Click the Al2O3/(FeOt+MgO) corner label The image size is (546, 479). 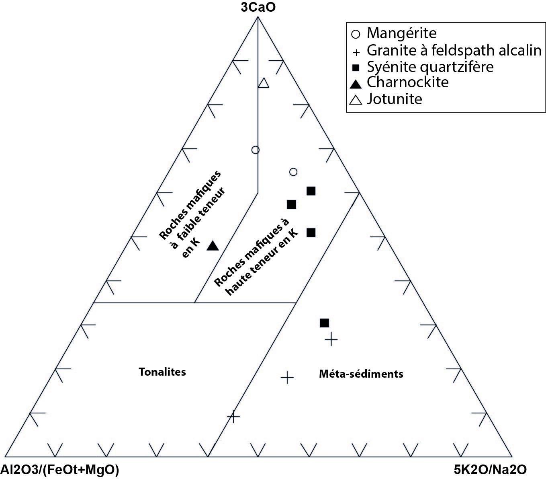point(59,469)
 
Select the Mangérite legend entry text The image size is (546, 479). point(401,33)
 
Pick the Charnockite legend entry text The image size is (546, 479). point(407,82)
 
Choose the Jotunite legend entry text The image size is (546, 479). point(394,99)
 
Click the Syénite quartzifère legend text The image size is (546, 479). point(430,66)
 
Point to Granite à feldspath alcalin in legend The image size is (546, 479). point(454,50)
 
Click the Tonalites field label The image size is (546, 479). point(162,372)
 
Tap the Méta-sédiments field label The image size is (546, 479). point(361,374)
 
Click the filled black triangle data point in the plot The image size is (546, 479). point(213,246)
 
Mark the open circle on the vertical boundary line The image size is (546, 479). point(255,150)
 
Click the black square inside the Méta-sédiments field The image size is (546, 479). point(324,323)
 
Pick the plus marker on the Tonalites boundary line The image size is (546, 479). point(233,416)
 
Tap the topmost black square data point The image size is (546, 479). point(311,191)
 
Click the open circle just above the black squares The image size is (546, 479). point(293,172)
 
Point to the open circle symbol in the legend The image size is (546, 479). point(356,33)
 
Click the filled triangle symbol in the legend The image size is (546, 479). point(355,84)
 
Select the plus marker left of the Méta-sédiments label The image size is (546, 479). point(287,377)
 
